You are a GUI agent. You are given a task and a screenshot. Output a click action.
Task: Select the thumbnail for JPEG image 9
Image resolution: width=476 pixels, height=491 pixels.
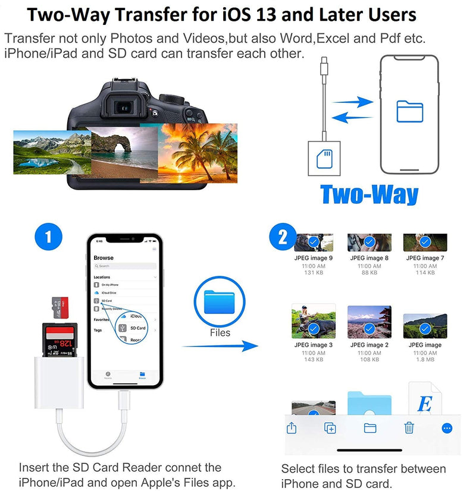[314, 242]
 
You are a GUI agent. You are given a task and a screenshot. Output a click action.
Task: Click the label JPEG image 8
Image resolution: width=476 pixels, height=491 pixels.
[369, 258]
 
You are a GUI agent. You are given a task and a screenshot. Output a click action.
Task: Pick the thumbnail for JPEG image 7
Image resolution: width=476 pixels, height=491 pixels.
[425, 242]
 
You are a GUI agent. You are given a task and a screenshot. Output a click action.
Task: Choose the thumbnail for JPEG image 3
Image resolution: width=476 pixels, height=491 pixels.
[314, 322]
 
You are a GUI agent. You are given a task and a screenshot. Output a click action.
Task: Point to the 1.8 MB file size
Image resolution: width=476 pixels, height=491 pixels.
[425, 360]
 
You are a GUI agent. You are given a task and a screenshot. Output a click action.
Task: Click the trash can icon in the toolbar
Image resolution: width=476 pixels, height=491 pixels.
[409, 427]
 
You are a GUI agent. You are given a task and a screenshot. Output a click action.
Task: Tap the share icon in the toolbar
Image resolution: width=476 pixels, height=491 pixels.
[292, 427]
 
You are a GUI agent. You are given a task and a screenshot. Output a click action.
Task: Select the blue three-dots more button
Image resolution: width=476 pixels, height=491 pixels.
[447, 427]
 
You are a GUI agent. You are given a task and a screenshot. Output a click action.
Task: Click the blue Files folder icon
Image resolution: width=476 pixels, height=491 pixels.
[220, 303]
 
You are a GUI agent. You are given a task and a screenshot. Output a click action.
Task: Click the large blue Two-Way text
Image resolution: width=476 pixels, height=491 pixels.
[369, 195]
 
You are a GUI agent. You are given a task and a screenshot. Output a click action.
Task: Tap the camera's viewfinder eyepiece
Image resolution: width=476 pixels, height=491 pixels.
[123, 108]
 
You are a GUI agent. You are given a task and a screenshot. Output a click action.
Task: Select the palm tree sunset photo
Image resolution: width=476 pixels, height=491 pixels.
[198, 153]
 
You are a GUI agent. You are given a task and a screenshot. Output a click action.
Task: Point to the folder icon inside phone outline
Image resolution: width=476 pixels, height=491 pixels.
[409, 111]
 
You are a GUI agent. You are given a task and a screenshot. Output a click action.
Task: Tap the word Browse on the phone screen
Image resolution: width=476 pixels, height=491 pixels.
[104, 258]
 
